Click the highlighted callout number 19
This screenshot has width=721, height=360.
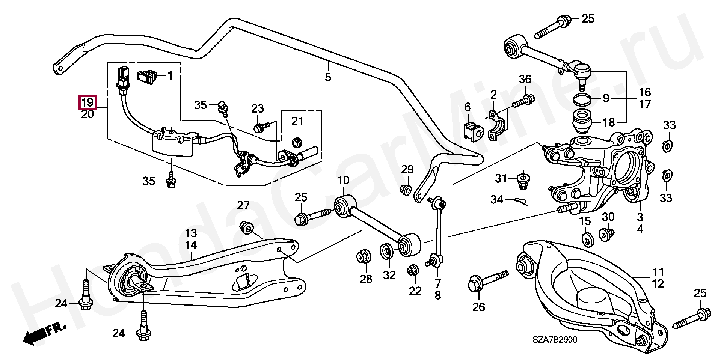click(87, 102)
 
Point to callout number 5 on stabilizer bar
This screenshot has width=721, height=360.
click(328, 77)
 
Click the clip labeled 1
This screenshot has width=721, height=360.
click(148, 77)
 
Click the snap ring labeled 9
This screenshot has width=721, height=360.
click(582, 99)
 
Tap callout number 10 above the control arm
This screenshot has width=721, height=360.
click(343, 180)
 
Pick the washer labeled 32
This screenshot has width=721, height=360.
click(386, 251)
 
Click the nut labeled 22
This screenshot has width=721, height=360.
click(413, 270)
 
